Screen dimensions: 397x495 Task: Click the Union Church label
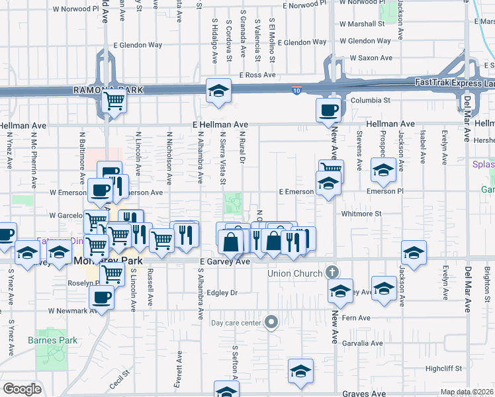click(x=296, y=273)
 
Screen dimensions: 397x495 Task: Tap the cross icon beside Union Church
click(x=333, y=273)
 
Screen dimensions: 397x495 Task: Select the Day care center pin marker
click(x=271, y=323)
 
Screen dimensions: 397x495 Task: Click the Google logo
click(x=22, y=389)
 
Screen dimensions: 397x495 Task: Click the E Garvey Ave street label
click(x=224, y=262)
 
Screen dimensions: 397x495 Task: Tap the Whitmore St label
click(x=362, y=214)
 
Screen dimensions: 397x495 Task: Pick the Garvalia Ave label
click(x=363, y=343)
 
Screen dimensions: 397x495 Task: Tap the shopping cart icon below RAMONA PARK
click(x=113, y=101)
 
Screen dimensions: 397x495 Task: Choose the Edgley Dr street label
click(x=222, y=292)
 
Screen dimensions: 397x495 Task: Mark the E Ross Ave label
click(x=257, y=75)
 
